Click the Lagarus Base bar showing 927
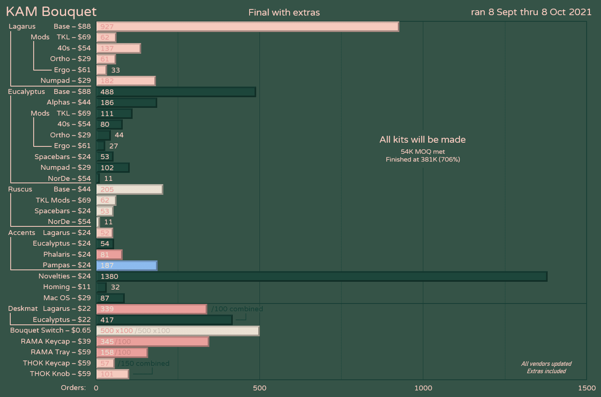tap(248, 27)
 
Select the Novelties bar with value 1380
tap(321, 276)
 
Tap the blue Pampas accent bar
tap(127, 265)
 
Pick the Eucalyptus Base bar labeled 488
tap(176, 92)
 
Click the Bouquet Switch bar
tap(178, 331)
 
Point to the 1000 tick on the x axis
tap(423, 388)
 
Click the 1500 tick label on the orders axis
tap(587, 388)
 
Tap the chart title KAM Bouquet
tap(51, 11)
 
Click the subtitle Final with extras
tap(284, 12)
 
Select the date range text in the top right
tap(531, 12)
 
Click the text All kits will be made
tap(422, 139)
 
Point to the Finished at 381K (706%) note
tap(422, 160)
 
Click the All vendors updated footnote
tap(546, 364)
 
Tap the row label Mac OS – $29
tap(67, 298)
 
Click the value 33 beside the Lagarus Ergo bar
tap(115, 70)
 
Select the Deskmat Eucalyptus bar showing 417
tap(164, 320)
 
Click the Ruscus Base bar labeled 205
tap(130, 189)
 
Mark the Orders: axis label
tap(73, 388)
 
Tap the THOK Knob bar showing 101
tap(112, 374)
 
